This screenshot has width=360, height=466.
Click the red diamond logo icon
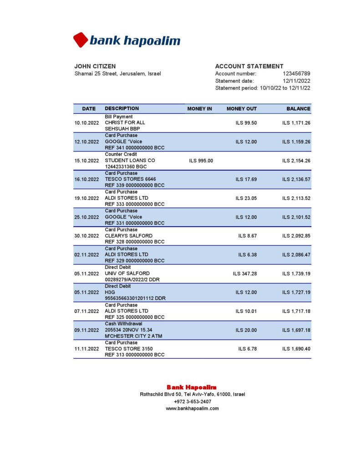[x=81, y=40]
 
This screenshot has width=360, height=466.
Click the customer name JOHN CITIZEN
[x=95, y=66]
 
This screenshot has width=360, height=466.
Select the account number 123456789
[x=296, y=74]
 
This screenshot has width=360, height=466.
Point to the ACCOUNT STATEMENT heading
[x=249, y=66]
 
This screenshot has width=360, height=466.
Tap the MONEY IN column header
[x=199, y=109]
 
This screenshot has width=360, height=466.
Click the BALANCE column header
[x=298, y=109]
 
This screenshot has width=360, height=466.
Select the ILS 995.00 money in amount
[x=201, y=161]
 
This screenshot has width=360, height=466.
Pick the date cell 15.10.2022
[x=86, y=161]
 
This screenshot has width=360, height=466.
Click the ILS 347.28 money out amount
[x=244, y=274]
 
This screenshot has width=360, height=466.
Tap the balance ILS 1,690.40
[x=296, y=349]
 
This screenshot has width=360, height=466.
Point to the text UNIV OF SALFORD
[x=127, y=274]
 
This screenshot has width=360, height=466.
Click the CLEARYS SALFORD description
[x=129, y=236]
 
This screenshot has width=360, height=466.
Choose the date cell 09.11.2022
[x=86, y=330]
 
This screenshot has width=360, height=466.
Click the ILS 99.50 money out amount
[x=246, y=123]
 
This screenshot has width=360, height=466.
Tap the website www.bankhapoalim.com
[x=192, y=408]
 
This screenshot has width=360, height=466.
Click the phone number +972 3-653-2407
[x=192, y=401]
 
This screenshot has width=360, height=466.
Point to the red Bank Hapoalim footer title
[x=191, y=387]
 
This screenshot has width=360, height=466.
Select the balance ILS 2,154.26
[x=296, y=161]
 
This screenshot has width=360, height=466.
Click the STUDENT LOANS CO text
[x=130, y=161]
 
